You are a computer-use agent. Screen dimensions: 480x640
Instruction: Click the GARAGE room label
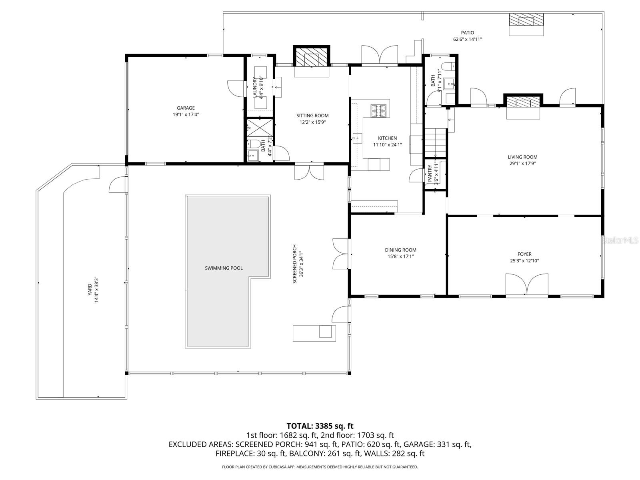click(x=186, y=108)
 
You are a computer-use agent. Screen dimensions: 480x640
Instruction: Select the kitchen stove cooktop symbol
click(x=378, y=111)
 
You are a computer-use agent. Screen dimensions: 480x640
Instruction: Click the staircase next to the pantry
click(x=435, y=143)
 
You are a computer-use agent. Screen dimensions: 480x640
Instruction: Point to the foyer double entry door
click(x=526, y=285)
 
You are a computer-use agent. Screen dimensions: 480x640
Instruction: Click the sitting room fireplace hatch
click(x=312, y=58)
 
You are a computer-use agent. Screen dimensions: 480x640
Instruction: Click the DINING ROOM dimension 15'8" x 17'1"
click(x=400, y=256)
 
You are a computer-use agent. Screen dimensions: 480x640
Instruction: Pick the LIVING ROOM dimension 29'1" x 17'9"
click(x=522, y=163)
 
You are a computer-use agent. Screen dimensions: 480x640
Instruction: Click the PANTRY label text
click(x=430, y=174)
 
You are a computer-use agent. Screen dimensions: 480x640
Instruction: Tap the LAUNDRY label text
click(x=254, y=87)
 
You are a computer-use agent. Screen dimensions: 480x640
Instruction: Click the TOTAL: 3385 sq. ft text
click(x=320, y=426)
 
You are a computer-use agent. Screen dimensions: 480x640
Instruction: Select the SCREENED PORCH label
click(x=295, y=264)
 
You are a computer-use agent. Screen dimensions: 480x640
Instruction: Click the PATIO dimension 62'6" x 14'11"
click(x=467, y=39)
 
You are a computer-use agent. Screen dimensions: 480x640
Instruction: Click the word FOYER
click(x=524, y=254)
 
